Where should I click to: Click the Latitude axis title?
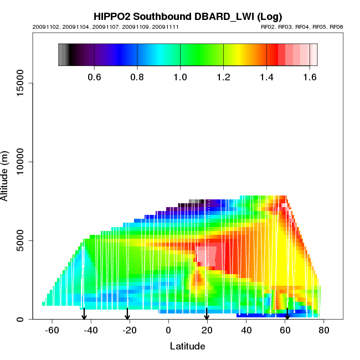coord(187,346)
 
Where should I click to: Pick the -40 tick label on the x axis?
coord(90,331)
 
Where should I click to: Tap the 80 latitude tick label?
coord(324,331)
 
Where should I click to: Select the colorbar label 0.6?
coord(94,77)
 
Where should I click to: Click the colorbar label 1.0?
coord(180,77)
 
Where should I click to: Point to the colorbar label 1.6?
coord(310,77)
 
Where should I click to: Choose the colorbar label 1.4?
coord(266,77)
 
